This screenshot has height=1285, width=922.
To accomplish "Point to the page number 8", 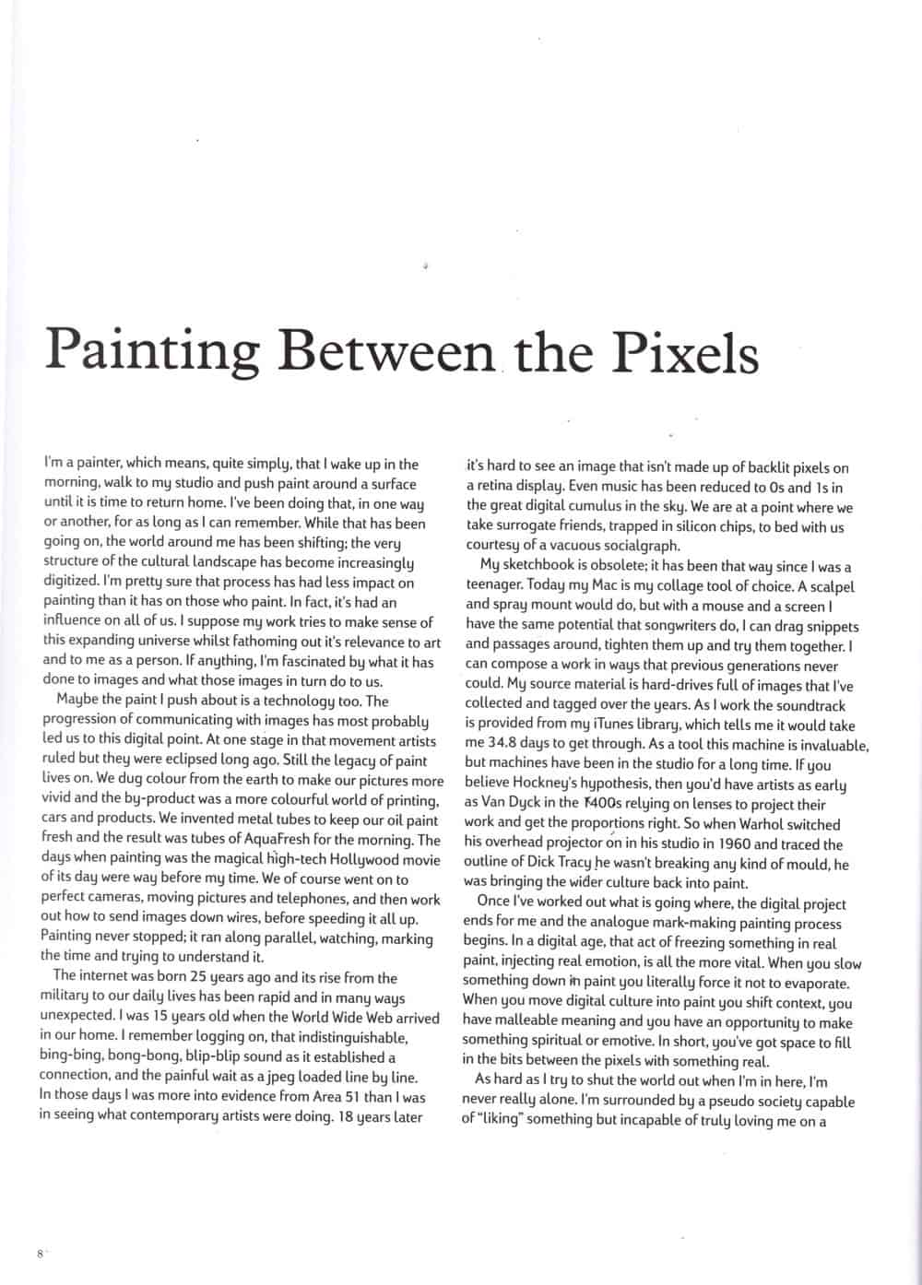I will click(41, 1254).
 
